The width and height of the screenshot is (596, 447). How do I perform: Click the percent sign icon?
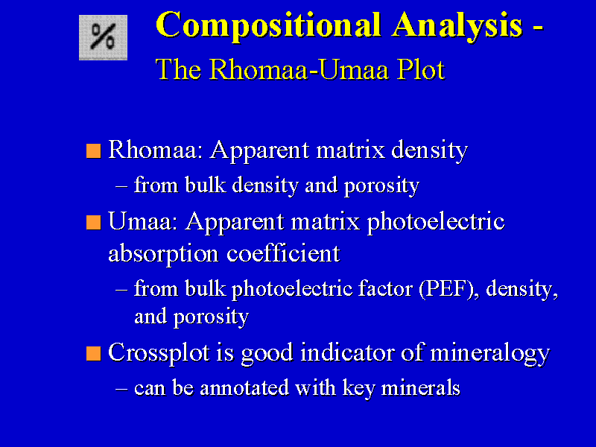coord(103,37)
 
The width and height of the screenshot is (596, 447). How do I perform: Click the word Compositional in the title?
coord(268,25)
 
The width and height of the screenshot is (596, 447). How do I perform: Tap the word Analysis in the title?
coord(457,26)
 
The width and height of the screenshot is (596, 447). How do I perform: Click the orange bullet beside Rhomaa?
coord(94,151)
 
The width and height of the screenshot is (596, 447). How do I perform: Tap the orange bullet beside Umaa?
coord(94,222)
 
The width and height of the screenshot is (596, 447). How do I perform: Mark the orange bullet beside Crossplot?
coord(94,353)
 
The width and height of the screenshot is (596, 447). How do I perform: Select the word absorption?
coord(163,254)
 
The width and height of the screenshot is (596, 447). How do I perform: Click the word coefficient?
coord(283,253)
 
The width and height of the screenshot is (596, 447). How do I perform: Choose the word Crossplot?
coord(159,353)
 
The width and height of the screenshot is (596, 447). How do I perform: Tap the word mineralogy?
coord(490,353)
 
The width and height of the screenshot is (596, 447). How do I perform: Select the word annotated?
coord(244,388)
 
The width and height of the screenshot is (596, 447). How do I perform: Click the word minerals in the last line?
coord(420,387)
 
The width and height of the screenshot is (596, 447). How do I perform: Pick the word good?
coord(267,353)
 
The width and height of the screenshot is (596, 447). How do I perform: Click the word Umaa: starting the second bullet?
coord(143,221)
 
